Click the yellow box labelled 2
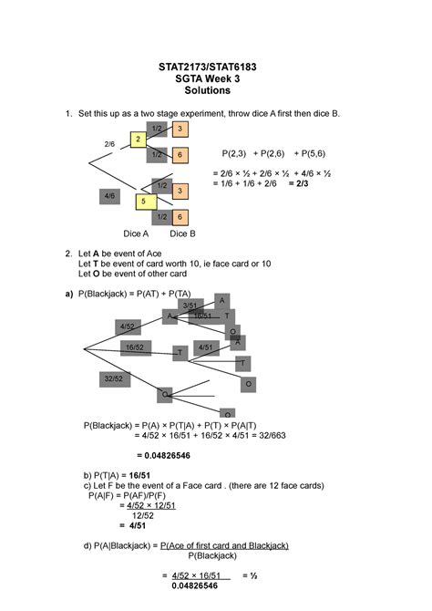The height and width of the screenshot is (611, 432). [x=137, y=140]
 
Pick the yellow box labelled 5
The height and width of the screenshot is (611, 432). [x=143, y=201]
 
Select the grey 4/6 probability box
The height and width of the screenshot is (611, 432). [x=109, y=196]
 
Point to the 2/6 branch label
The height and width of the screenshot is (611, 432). [x=109, y=144]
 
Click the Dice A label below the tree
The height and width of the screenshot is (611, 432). [x=136, y=233]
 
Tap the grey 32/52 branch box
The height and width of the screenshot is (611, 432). [x=114, y=378]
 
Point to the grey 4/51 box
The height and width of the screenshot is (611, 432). [x=205, y=347]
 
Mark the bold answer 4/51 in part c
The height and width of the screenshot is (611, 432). [x=138, y=525]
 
